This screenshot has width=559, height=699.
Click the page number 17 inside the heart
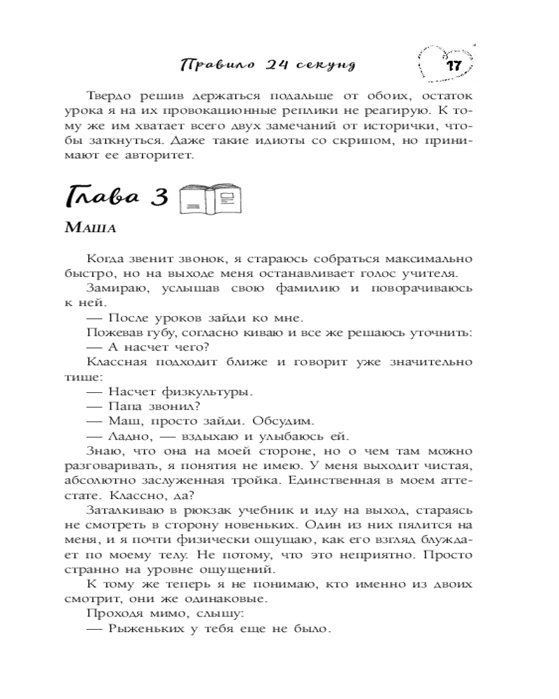tap(452, 66)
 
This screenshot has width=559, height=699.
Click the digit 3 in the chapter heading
tap(160, 199)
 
